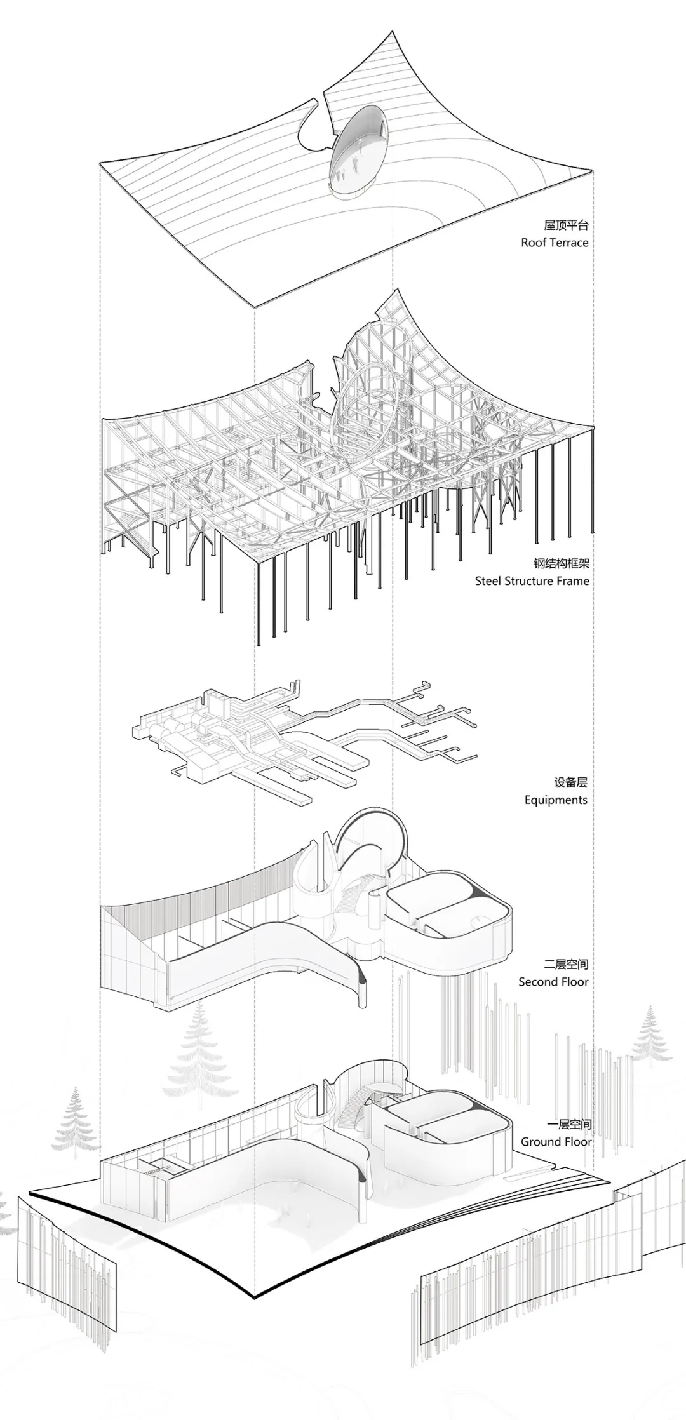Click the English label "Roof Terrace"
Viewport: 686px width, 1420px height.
pyautogui.click(x=555, y=243)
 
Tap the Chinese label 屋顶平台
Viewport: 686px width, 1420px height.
pyautogui.click(x=567, y=225)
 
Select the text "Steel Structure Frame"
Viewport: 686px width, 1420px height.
pyautogui.click(x=532, y=580)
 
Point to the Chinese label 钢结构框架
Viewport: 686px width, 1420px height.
pyautogui.click(x=562, y=563)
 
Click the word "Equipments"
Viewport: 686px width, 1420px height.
pyautogui.click(x=556, y=800)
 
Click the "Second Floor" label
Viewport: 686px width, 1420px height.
pyautogui.click(x=553, y=982)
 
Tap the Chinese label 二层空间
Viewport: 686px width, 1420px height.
pyautogui.click(x=567, y=964)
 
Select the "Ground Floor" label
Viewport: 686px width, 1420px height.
pyautogui.click(x=556, y=1141)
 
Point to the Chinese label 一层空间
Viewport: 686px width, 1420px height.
pyautogui.click(x=569, y=1124)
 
